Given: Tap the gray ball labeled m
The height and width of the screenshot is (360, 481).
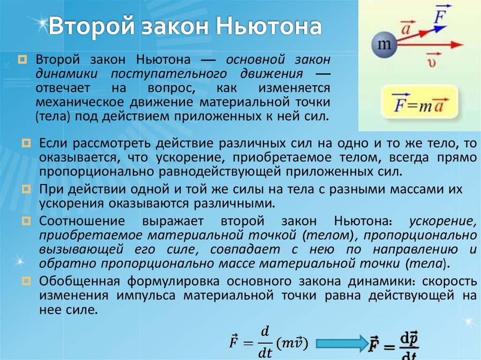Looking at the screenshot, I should coord(385,46).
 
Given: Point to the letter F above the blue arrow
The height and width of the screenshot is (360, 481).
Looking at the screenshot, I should coord(440,16).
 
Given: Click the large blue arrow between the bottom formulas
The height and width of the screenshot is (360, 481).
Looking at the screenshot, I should coord(341,344).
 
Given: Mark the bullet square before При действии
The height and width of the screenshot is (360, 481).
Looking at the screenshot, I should coord(27,190).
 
